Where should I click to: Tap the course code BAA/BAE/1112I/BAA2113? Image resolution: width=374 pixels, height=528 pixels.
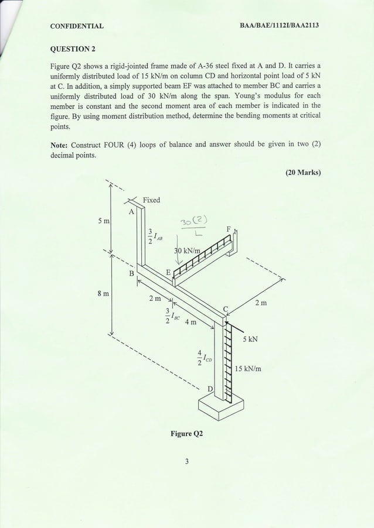tap(284, 26)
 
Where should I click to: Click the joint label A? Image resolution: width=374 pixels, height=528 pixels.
tap(131, 211)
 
